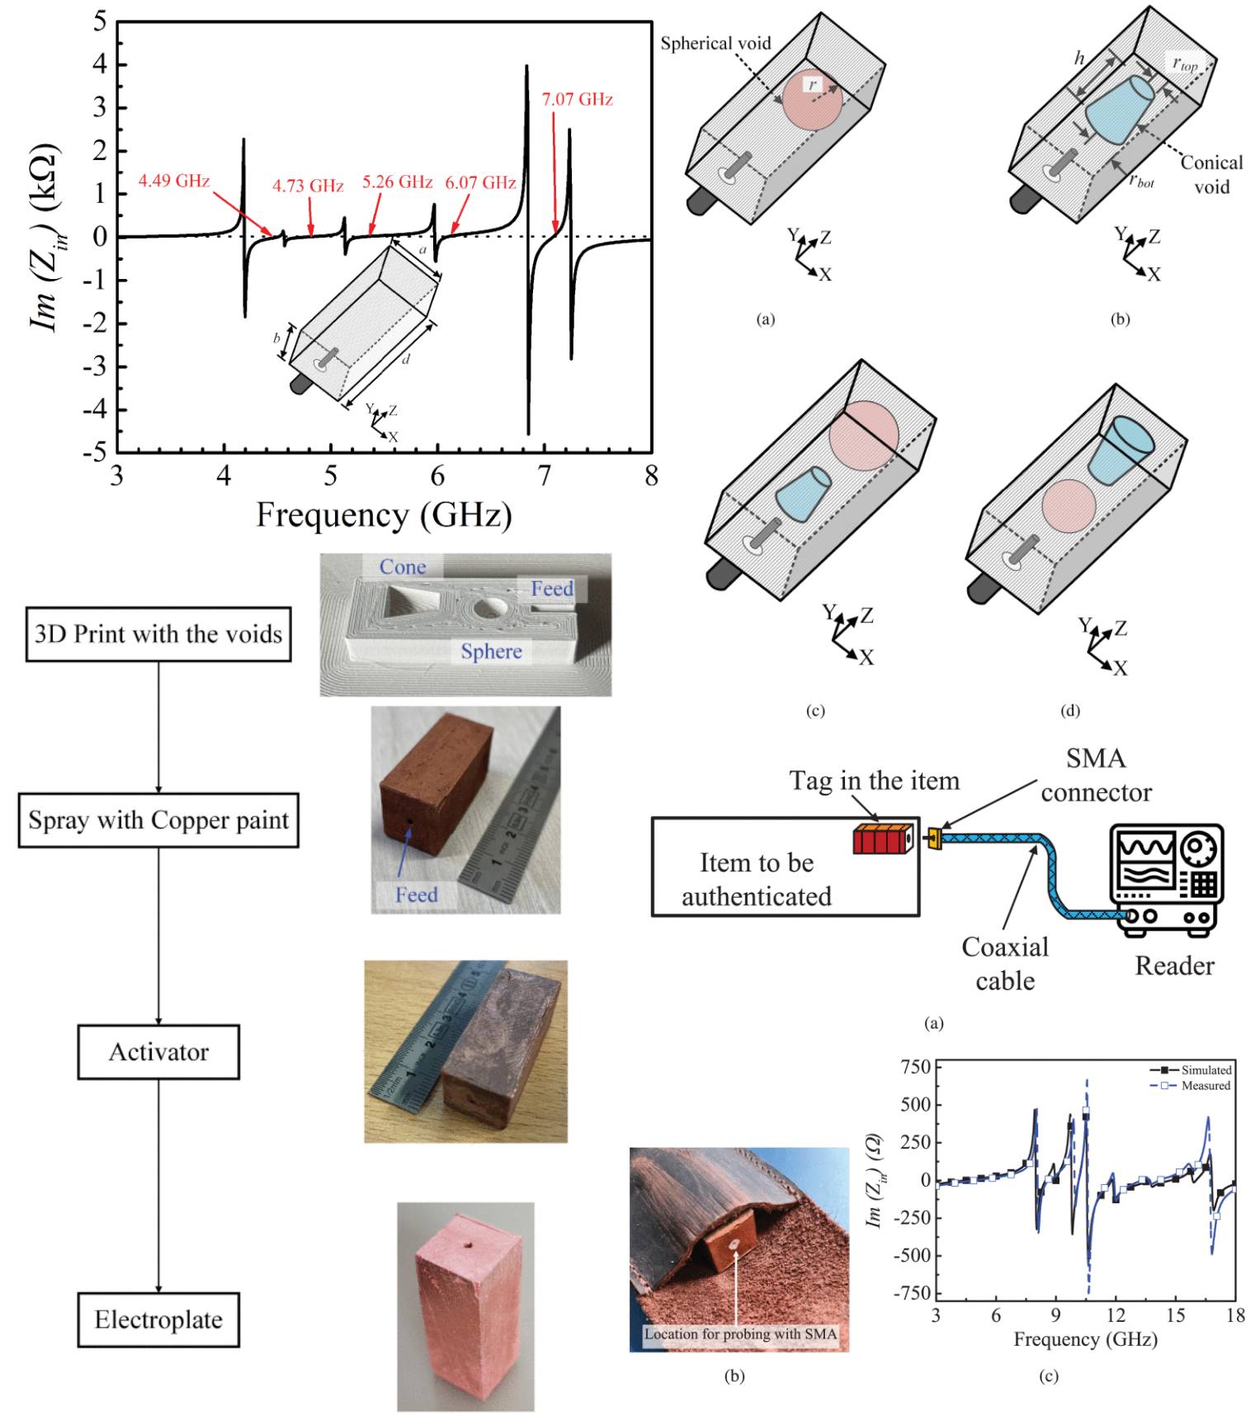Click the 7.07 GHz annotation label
tap(577, 99)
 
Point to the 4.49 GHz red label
tap(173, 181)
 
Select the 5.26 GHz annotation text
tap(397, 182)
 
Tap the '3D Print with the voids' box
tap(158, 634)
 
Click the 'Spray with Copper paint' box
tap(158, 820)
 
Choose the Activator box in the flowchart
tap(158, 1052)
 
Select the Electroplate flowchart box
tap(158, 1319)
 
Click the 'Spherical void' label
tap(715, 43)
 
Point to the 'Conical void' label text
tap(1210, 174)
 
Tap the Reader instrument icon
tap(1166, 880)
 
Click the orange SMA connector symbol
tap(934, 838)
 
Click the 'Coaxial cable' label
tap(1004, 964)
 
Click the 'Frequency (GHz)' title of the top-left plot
tap(384, 515)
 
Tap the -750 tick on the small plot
tap(914, 1293)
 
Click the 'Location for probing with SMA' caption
tap(740, 1334)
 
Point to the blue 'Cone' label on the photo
tap(403, 567)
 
